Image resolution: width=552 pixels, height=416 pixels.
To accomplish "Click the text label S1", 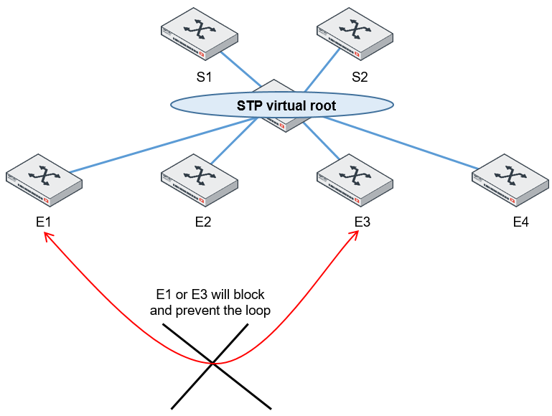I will pyautogui.click(x=204, y=77).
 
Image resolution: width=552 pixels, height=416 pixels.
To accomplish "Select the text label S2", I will pyautogui.click(x=360, y=77).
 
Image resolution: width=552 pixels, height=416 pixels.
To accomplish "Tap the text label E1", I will pyautogui.click(x=44, y=222).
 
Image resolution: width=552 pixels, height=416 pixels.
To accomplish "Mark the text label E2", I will pyautogui.click(x=203, y=222).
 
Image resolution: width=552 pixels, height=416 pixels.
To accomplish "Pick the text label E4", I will pyautogui.click(x=520, y=222).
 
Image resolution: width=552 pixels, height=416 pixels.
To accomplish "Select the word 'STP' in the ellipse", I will pyautogui.click(x=250, y=106).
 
